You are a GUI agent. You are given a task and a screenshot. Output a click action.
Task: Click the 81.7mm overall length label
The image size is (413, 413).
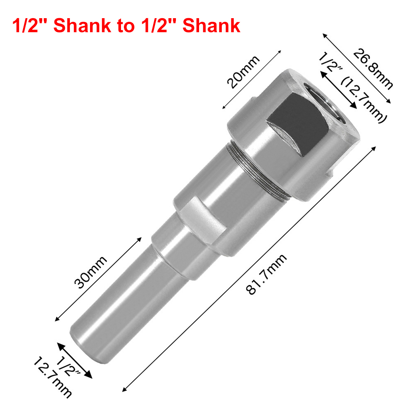pos(266,274)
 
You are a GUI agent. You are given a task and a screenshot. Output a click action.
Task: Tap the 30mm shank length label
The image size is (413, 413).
pos(90,272)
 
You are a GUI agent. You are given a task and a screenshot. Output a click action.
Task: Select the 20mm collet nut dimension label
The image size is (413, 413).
pos(243,72)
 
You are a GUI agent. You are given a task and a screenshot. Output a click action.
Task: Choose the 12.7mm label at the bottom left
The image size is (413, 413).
pos(52,377)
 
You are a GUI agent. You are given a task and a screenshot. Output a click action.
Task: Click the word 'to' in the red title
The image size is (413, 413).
pos(126,26)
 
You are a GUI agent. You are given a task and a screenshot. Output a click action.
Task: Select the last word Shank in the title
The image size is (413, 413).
pos(211,26)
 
